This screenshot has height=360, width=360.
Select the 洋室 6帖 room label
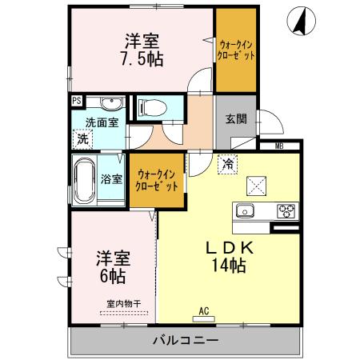111,267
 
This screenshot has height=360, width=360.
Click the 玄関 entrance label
235,120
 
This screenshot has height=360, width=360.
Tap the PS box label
76,101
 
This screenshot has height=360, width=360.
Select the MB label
279,146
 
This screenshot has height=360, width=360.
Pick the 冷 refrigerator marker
228,164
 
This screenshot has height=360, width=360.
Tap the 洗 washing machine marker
83,138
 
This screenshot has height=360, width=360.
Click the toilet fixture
153,107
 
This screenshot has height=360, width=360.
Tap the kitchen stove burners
285,211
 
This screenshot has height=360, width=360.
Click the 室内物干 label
123,303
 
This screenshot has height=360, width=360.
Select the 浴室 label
111,178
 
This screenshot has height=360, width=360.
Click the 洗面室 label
103,122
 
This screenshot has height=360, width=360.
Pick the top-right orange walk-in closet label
238,51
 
